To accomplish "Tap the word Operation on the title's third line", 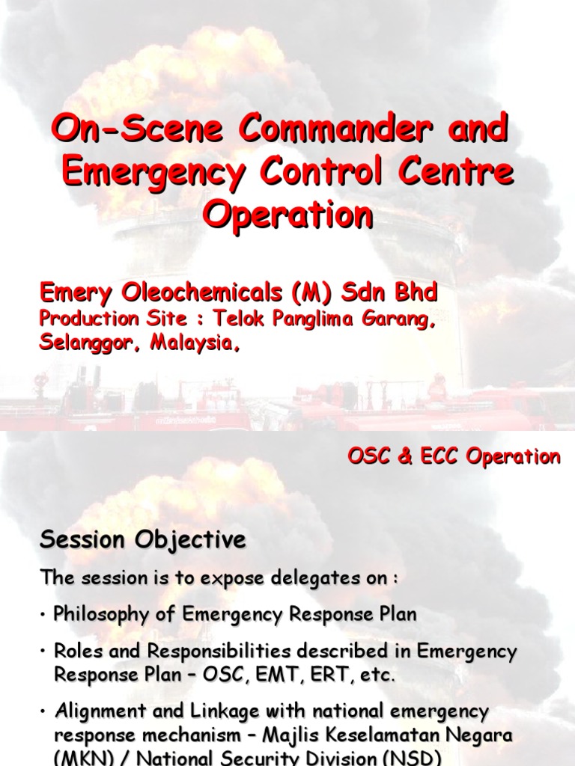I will pyautogui.click(x=288, y=215).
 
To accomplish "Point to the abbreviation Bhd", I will pyautogui.click(x=412, y=293).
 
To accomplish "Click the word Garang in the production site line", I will pyautogui.click(x=398, y=319).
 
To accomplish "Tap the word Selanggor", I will pyautogui.click(x=89, y=343).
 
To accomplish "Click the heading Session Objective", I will pyautogui.click(x=142, y=540).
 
